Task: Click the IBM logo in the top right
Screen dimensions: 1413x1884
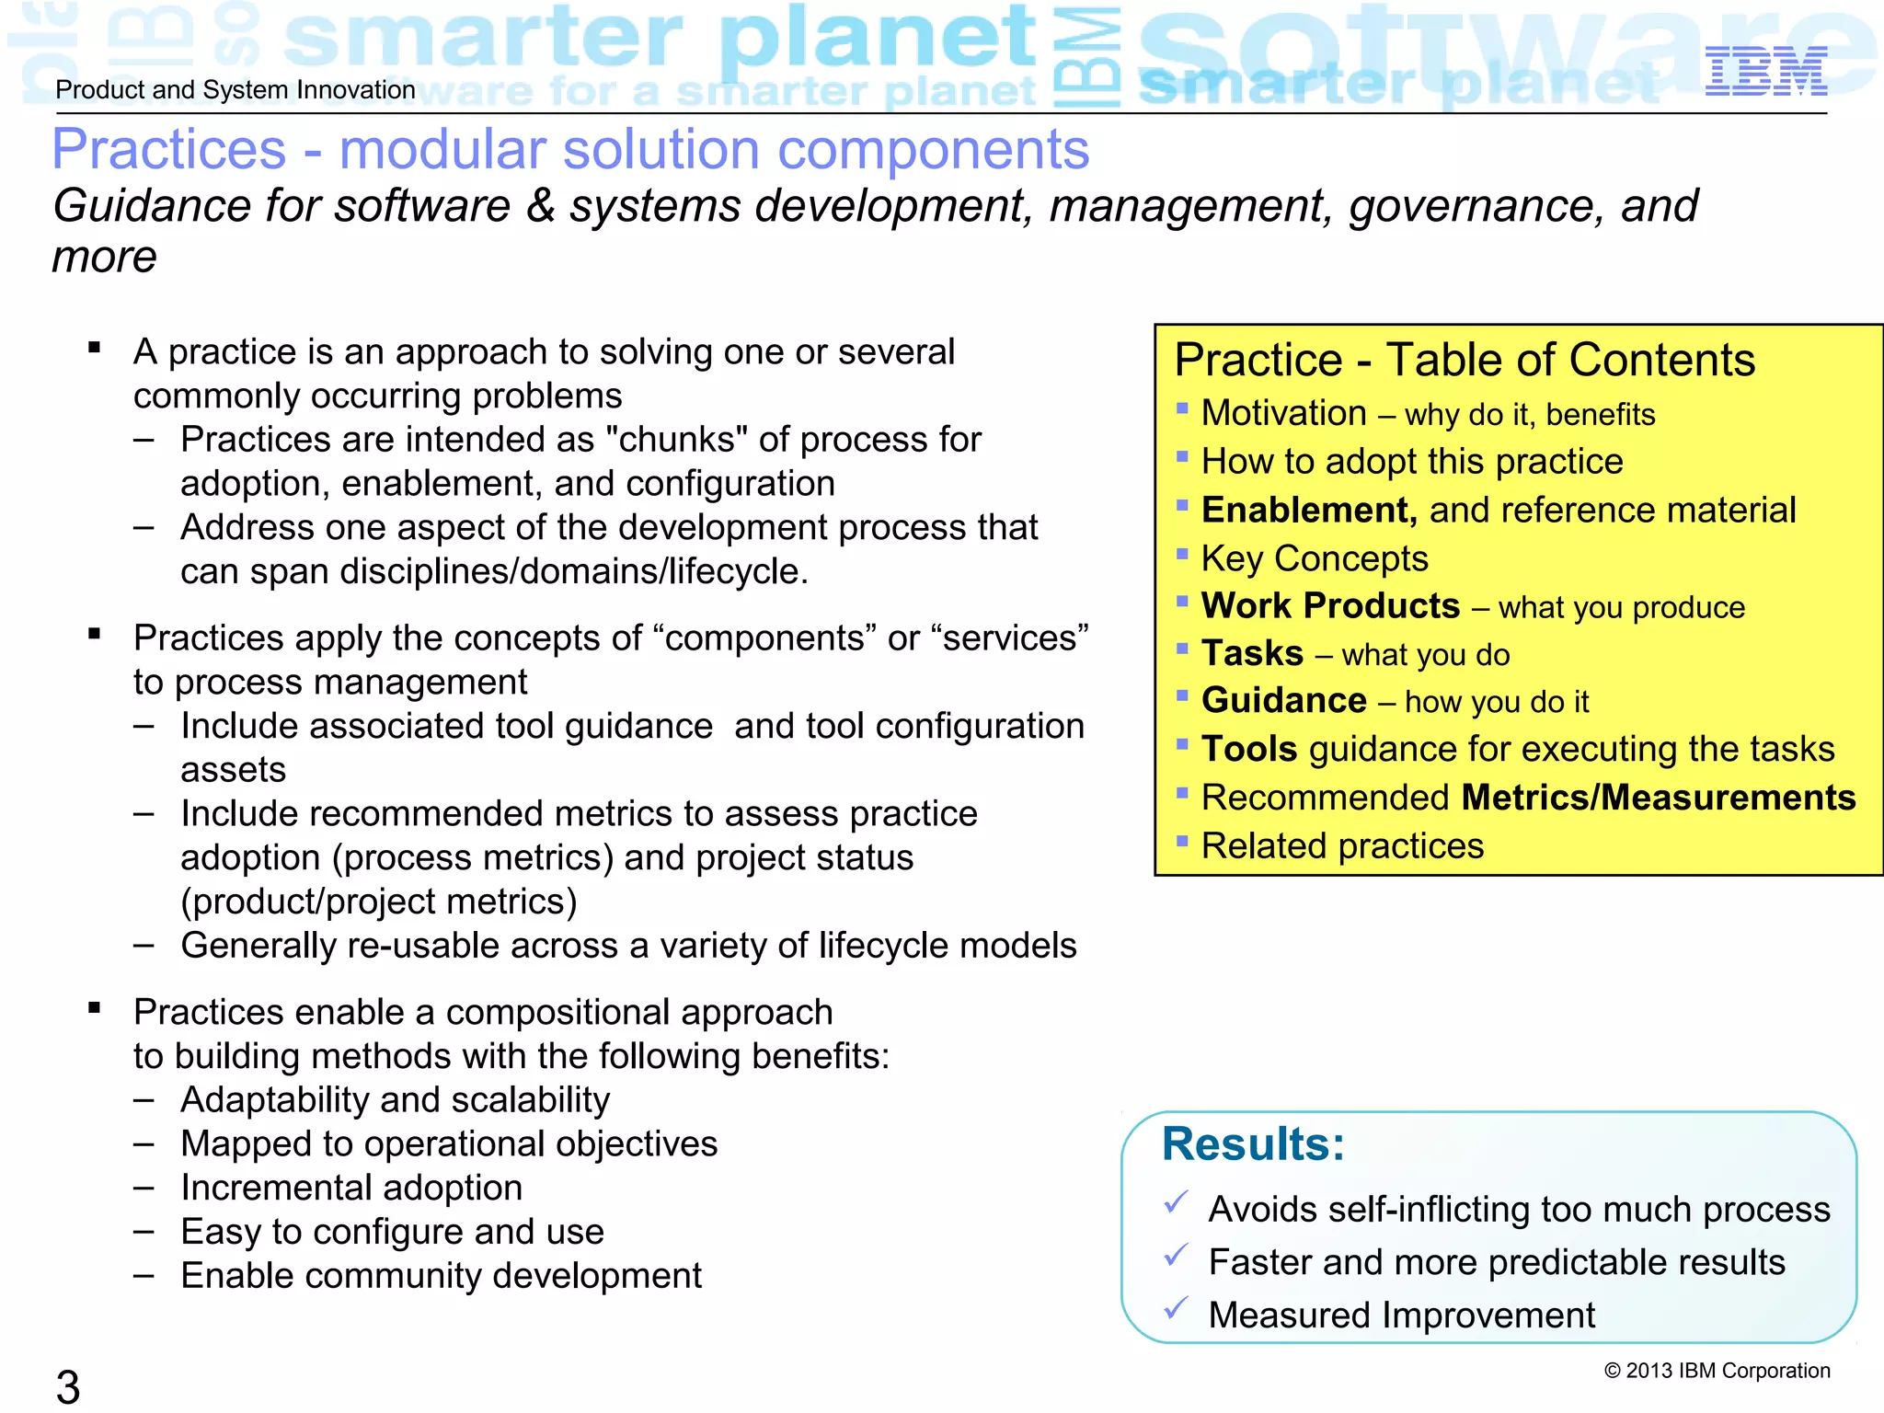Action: [x=1765, y=71]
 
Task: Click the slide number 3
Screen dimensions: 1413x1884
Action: [x=68, y=1385]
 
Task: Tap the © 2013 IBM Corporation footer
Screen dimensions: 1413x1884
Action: [x=1717, y=1371]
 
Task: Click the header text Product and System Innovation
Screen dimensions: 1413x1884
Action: [x=235, y=90]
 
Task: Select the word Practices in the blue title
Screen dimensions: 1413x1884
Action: [x=169, y=149]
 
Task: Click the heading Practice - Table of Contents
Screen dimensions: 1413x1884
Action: [x=1465, y=360]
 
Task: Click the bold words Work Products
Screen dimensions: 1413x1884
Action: [x=1330, y=606]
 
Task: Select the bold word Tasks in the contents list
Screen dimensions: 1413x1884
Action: [x=1252, y=653]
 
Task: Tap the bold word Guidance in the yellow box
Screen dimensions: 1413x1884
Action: [x=1283, y=701]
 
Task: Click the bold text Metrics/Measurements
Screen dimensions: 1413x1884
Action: [x=1658, y=798]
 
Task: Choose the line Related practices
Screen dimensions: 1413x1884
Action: [x=1342, y=846]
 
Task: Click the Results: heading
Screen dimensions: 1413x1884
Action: [x=1253, y=1144]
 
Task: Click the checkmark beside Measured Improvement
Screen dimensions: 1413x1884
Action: [x=1176, y=1308]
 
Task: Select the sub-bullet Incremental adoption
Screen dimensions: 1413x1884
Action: [x=351, y=1188]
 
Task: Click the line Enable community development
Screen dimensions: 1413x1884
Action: [x=441, y=1276]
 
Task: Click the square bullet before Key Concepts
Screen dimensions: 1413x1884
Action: [x=1182, y=553]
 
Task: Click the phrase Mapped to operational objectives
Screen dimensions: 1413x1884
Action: [x=449, y=1143]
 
